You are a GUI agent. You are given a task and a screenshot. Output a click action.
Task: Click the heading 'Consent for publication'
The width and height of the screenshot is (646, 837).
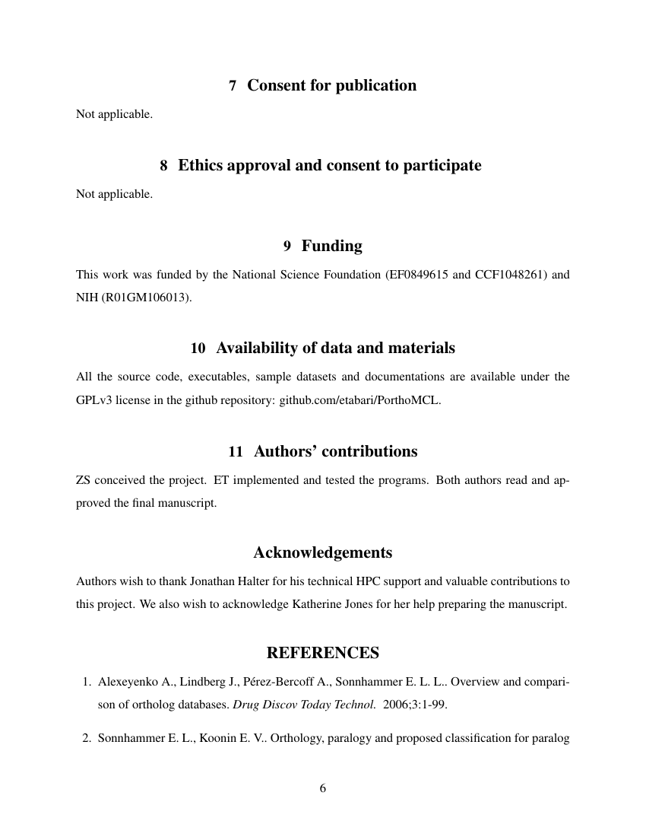point(331,86)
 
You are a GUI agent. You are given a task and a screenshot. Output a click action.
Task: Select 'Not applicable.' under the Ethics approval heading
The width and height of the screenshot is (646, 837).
point(114,194)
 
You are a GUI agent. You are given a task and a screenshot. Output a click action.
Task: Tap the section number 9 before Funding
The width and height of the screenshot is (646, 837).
point(287,247)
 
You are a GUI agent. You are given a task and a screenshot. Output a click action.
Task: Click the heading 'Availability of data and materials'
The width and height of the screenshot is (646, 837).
point(335,348)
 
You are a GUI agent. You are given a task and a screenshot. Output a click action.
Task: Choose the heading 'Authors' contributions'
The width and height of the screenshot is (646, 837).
point(335,451)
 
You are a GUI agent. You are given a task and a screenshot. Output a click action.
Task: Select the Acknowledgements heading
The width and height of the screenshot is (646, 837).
point(322,552)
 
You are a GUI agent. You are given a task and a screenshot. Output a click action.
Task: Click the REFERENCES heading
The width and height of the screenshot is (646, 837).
point(322,654)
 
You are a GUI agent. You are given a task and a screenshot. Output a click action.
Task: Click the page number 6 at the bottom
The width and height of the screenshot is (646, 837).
point(322,788)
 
